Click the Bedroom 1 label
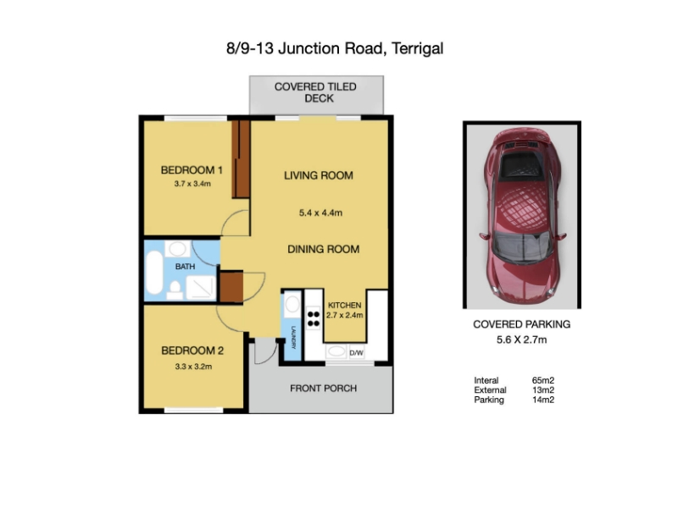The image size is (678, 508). pos(192,170)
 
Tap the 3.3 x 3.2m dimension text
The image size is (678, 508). pos(193,367)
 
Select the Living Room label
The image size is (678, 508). pos(319,175)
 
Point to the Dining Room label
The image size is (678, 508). pos(324,249)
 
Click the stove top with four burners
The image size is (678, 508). pos(314,319)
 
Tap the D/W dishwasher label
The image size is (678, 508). pos(356,353)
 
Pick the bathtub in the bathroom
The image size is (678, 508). pos(154,273)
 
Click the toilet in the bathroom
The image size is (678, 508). pos(175,290)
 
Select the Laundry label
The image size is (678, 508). pos(293,337)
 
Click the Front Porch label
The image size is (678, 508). pos(324,389)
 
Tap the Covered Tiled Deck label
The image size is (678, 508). pos(315,92)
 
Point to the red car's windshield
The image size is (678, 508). pos(523,246)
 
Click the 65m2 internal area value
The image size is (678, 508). pos(543,380)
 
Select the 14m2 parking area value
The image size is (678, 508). pos(543,400)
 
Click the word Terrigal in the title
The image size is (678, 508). pos(417,48)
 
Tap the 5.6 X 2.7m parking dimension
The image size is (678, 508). pos(521,340)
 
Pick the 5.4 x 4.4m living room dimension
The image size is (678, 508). pos(320,213)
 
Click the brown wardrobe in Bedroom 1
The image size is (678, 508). pos(241,159)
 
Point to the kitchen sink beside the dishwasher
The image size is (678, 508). pos(336,351)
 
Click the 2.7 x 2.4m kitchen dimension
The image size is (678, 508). pos(345,315)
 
